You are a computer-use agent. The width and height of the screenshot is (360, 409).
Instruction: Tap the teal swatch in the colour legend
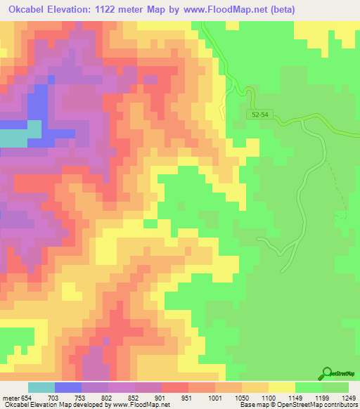[x=41, y=387]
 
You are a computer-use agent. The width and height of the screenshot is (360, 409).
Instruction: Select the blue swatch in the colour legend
[x=67, y=387]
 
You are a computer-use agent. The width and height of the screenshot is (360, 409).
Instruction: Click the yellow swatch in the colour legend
[x=281, y=387]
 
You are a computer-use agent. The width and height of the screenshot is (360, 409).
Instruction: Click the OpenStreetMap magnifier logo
[x=327, y=374]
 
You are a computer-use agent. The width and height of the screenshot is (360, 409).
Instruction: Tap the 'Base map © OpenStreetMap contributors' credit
[x=298, y=404]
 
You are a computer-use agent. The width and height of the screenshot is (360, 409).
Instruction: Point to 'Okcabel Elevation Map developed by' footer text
[x=53, y=404]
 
